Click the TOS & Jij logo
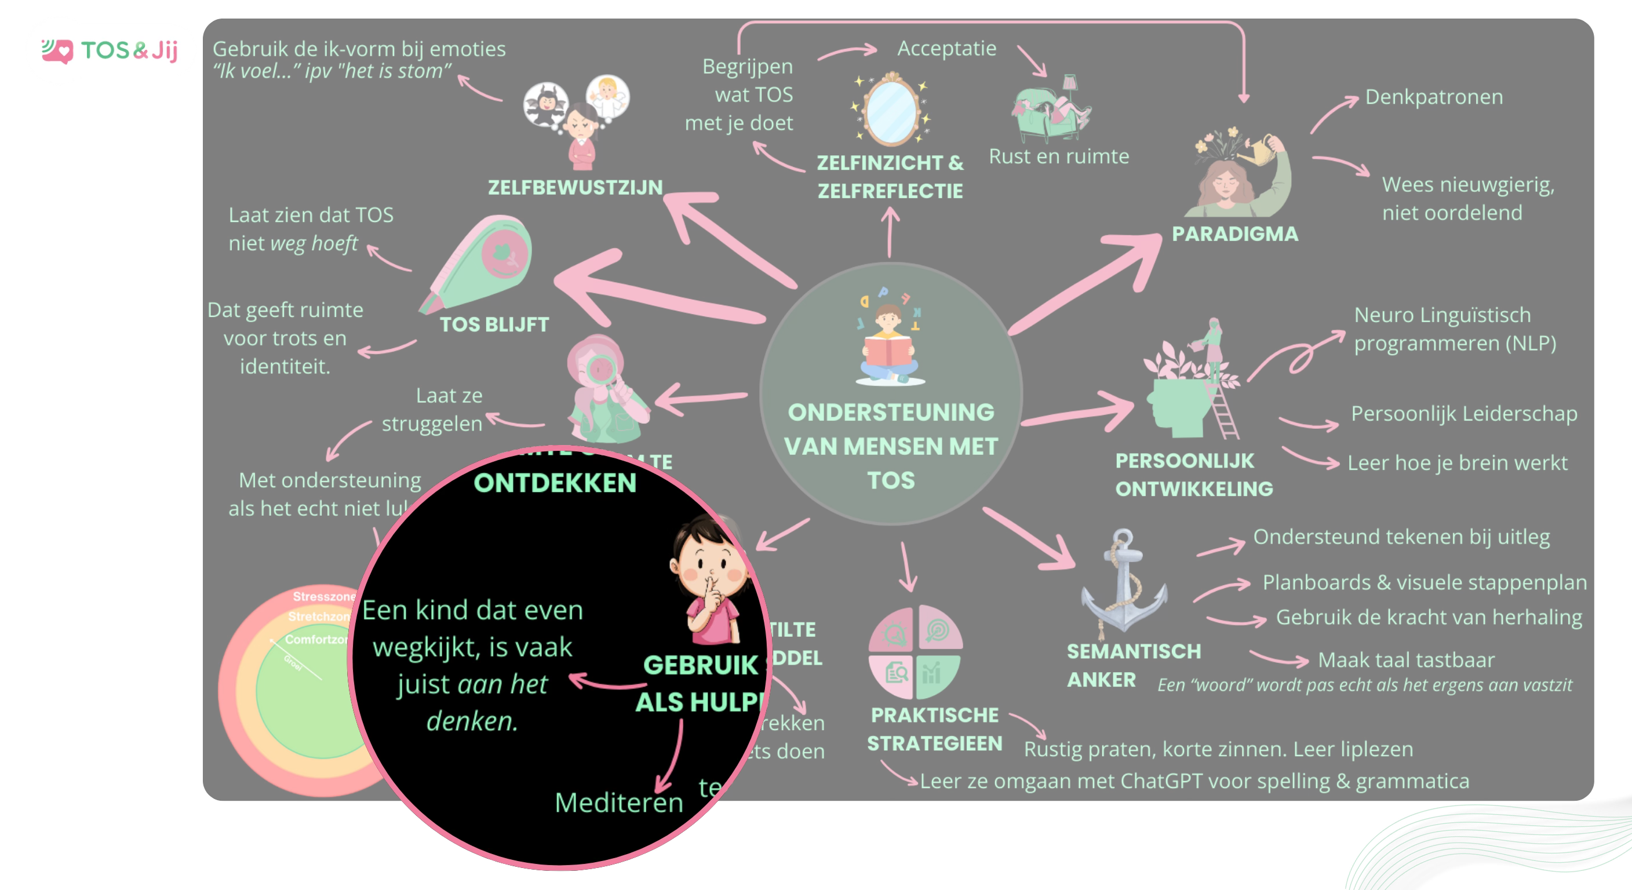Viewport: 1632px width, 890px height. click(x=111, y=50)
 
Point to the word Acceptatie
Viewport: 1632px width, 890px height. click(x=946, y=48)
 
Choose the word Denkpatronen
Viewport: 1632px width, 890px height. click(x=1434, y=97)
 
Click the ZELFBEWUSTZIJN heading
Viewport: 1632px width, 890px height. click(x=575, y=187)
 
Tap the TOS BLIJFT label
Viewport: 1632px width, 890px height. click(x=494, y=324)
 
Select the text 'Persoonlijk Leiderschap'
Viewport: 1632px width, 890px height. click(x=1463, y=414)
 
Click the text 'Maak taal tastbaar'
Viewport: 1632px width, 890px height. click(x=1406, y=660)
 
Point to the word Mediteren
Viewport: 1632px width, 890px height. click(x=618, y=803)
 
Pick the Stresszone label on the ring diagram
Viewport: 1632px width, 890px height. click(x=323, y=597)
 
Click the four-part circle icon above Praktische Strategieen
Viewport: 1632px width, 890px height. click(x=915, y=652)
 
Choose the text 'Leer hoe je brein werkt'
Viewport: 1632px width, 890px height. click(x=1457, y=463)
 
